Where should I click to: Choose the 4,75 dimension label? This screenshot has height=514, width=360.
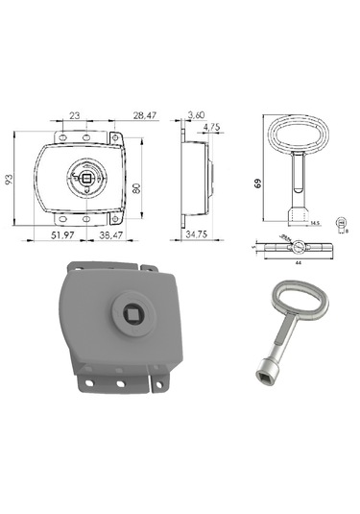tap(212, 126)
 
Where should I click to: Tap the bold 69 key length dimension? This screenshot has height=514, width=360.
tap(258, 182)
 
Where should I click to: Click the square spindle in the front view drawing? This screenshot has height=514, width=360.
tap(87, 177)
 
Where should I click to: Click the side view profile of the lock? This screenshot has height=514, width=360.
tap(198, 177)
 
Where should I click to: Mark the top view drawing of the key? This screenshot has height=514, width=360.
tap(293, 246)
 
